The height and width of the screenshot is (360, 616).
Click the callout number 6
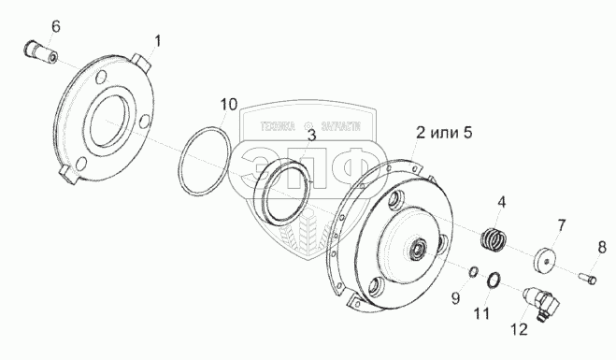click(56, 27)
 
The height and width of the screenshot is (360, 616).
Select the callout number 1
click(157, 41)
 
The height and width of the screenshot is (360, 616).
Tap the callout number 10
click(229, 105)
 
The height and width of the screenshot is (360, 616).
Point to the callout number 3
click(311, 136)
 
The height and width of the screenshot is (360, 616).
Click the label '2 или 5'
click(444, 133)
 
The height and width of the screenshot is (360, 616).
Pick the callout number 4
click(502, 203)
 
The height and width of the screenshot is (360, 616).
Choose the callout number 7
click(562, 225)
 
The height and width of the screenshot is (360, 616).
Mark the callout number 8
click(602, 248)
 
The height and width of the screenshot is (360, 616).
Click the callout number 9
click(455, 298)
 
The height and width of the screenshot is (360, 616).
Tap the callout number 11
click(481, 313)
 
